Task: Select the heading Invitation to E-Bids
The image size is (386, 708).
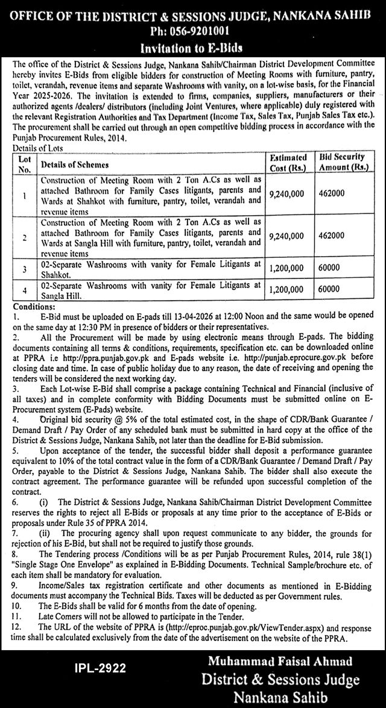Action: point(192,46)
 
